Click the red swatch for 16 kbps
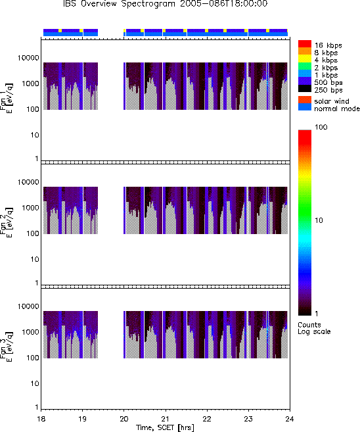(305, 44)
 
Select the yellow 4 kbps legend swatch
(305, 59)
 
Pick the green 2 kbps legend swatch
(305, 66)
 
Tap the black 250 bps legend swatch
(305, 89)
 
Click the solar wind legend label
(331, 101)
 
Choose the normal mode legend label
(337, 108)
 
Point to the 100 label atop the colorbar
(321, 127)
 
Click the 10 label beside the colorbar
(319, 220)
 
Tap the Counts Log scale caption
(314, 328)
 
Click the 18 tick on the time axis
(41, 419)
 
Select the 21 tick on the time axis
(166, 419)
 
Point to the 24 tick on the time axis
(290, 419)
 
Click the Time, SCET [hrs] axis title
(165, 427)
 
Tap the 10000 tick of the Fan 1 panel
(28, 58)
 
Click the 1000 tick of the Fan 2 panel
(30, 208)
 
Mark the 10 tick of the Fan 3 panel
(35, 383)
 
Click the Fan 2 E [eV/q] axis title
(7, 222)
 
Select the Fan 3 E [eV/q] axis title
(7, 347)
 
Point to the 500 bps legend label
(328, 82)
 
